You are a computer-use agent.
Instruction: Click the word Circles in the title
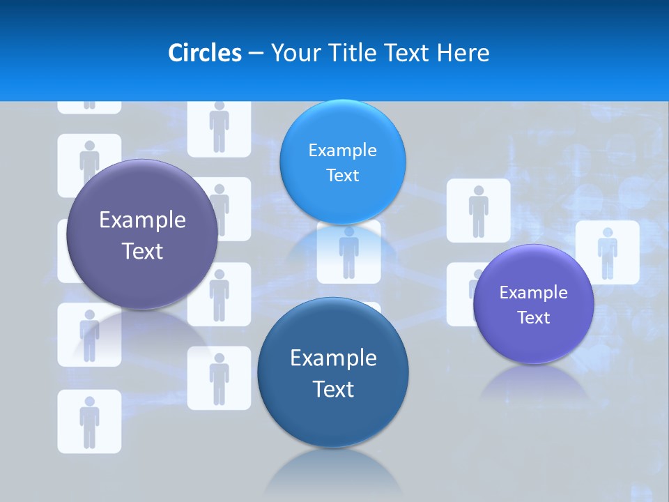[204, 53]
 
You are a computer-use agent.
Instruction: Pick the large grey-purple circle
[142, 234]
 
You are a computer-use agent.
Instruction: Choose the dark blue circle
[333, 372]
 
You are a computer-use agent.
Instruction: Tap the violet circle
[533, 304]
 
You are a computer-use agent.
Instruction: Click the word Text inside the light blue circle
[342, 176]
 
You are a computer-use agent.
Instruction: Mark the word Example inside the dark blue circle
[333, 358]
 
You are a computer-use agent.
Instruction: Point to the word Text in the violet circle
[533, 318]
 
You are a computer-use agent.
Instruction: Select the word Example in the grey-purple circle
[142, 220]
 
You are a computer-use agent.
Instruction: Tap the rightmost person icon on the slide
[607, 252]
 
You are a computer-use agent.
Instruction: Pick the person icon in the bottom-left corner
[89, 421]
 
